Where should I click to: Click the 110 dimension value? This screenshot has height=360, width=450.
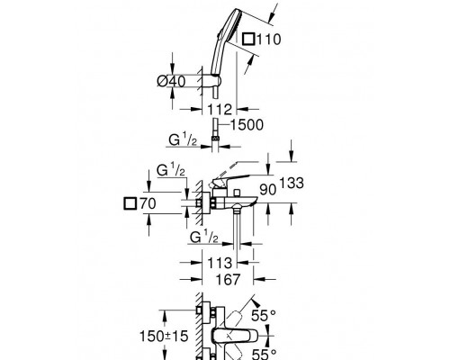click(x=269, y=40)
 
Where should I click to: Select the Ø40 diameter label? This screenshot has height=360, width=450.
click(x=171, y=81)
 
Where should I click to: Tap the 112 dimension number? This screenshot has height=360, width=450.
click(x=220, y=109)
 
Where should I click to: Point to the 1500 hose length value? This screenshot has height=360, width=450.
click(x=247, y=125)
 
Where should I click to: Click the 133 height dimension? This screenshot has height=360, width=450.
click(x=292, y=183)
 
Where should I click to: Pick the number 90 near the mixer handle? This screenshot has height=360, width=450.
click(x=268, y=190)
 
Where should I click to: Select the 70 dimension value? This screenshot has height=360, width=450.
click(x=148, y=203)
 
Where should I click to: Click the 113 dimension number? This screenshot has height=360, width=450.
click(x=220, y=263)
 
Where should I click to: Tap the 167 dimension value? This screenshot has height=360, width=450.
click(x=229, y=279)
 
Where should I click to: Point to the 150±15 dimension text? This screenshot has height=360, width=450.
click(x=164, y=336)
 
